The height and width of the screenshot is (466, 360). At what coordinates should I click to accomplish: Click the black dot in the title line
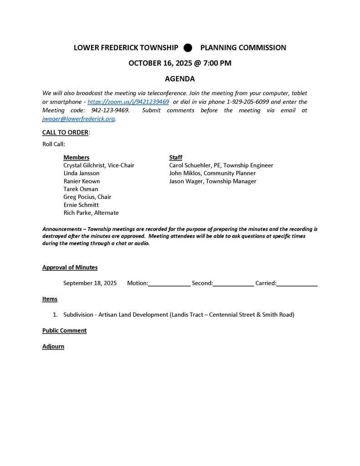(x=188, y=48)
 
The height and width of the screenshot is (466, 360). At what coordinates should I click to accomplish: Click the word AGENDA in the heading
(x=180, y=79)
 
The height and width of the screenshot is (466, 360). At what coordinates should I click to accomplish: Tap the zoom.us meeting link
(x=128, y=102)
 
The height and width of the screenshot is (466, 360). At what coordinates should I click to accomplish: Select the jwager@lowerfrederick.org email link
(x=78, y=119)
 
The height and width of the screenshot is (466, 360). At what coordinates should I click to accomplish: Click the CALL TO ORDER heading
(x=66, y=132)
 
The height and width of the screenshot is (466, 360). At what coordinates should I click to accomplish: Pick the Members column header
(x=76, y=157)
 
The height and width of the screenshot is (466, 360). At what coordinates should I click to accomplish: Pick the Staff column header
(x=176, y=157)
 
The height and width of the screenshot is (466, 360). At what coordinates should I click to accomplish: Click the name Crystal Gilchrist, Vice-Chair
(x=99, y=165)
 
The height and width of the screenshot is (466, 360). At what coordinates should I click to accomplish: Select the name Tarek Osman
(x=81, y=189)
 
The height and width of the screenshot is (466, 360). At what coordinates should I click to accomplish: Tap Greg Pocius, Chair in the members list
(x=87, y=197)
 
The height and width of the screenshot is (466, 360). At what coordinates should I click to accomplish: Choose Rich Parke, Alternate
(x=91, y=213)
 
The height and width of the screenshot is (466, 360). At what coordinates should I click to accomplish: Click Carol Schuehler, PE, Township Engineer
(x=221, y=165)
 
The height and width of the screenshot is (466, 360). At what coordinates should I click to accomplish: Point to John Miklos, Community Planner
(x=213, y=173)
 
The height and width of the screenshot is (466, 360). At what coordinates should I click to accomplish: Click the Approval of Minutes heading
(x=70, y=268)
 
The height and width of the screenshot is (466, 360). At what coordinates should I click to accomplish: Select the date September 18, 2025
(x=90, y=283)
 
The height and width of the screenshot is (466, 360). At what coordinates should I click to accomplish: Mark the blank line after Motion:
(x=169, y=284)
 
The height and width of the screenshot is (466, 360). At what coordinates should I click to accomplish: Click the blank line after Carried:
(x=297, y=284)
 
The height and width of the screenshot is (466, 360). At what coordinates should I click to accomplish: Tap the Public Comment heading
(x=64, y=330)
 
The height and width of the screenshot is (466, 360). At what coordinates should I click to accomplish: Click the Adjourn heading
(x=53, y=346)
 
